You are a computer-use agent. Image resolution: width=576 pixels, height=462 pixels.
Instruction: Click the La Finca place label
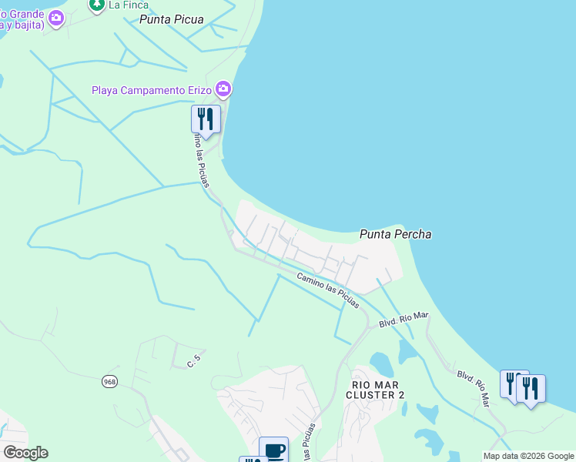(128, 5)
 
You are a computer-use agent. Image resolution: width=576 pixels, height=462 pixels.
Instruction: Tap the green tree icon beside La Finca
(97, 5)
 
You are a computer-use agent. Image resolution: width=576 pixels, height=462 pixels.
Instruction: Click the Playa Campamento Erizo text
(152, 90)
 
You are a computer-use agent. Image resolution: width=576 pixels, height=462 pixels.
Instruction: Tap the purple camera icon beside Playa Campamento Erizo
(223, 90)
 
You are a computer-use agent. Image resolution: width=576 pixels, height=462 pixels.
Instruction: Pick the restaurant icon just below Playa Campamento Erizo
(206, 119)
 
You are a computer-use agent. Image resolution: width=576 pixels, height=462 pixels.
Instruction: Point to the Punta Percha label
(396, 234)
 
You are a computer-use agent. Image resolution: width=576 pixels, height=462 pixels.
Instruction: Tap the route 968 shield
(110, 381)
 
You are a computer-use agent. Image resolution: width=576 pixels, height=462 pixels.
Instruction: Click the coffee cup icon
(273, 450)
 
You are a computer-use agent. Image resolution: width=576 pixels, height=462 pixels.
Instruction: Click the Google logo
(25, 453)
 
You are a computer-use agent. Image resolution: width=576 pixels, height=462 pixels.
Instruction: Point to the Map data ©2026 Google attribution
(529, 456)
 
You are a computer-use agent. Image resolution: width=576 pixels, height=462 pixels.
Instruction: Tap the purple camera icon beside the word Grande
(55, 19)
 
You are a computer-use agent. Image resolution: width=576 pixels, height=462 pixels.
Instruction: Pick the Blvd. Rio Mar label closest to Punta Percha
(404, 320)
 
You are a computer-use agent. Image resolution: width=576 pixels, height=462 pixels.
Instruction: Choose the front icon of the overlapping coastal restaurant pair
(531, 389)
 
